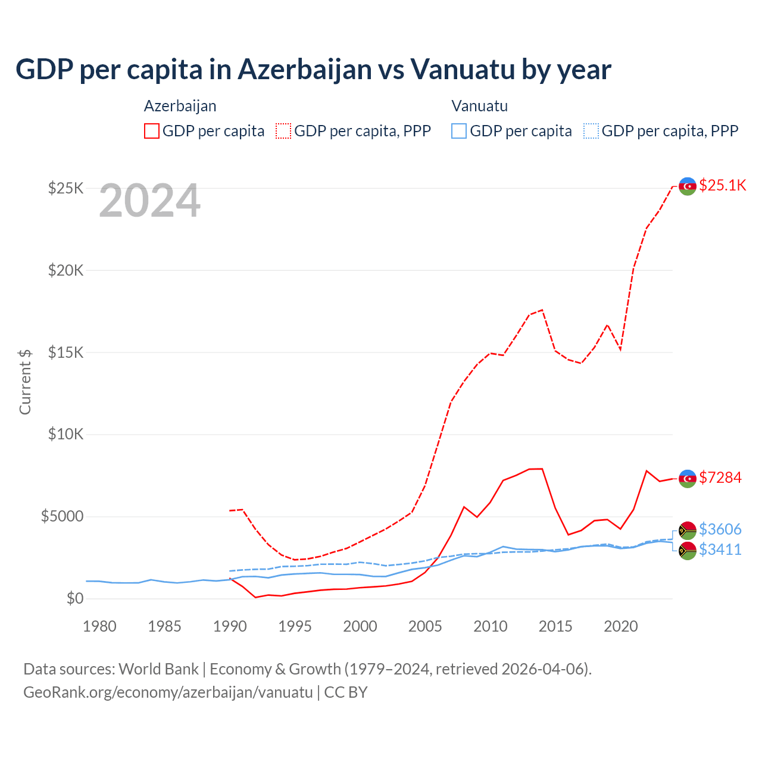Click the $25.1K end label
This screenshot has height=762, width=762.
[x=722, y=185]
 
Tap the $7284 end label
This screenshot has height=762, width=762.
[x=720, y=477]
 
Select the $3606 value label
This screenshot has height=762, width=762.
[x=720, y=529]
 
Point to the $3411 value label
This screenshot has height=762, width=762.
[x=720, y=549]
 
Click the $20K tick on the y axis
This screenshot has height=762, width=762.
[x=66, y=270]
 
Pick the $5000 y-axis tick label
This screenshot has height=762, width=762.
[x=62, y=516]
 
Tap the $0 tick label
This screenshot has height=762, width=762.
[x=74, y=598]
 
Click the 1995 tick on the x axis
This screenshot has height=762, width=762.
[x=295, y=626]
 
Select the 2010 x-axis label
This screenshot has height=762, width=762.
[x=491, y=626]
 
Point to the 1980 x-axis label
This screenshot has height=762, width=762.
[x=99, y=626]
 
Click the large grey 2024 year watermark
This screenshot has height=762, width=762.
[x=149, y=201]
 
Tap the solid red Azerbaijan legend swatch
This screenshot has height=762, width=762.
[x=152, y=131]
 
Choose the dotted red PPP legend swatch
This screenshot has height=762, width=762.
[x=283, y=131]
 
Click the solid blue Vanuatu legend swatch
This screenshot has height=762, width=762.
[x=459, y=131]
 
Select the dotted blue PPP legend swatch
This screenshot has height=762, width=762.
[x=591, y=131]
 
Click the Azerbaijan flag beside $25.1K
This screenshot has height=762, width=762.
[x=688, y=186]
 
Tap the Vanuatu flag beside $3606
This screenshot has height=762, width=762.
[x=688, y=530]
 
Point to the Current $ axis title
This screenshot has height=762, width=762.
[x=25, y=382]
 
